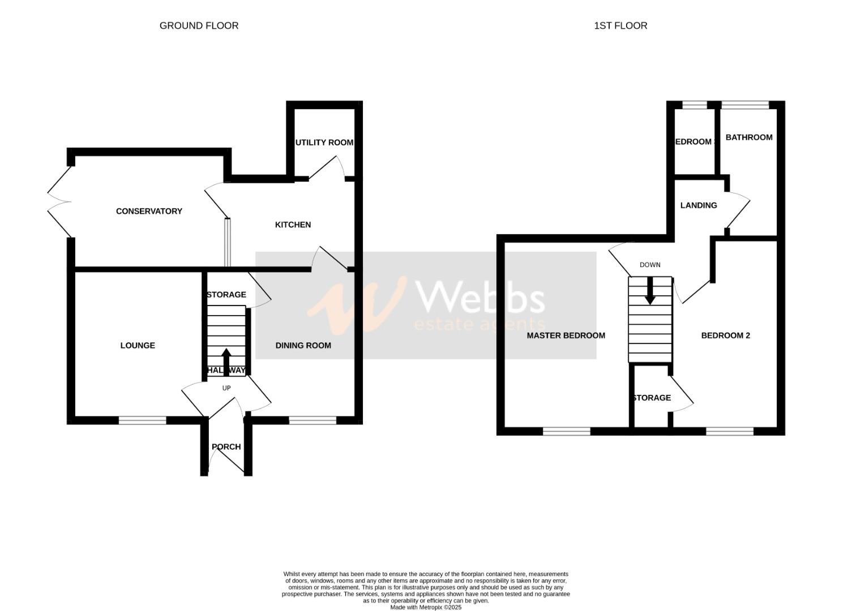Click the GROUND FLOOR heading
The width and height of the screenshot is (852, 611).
coord(199,25)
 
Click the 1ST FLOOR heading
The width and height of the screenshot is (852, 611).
coord(620,25)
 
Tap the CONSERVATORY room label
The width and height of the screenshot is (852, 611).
coord(149,211)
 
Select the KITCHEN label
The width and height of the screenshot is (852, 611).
coord(293,225)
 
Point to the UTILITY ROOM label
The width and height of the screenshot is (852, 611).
coord(324,142)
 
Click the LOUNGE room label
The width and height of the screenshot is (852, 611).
coord(138,345)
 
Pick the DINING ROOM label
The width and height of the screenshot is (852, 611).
coord(303,345)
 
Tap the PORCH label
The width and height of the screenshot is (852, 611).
coord(226,446)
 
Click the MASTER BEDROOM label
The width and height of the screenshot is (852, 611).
coord(566,335)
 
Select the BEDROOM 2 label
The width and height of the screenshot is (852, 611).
coord(725,335)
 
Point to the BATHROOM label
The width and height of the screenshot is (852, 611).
coord(748,137)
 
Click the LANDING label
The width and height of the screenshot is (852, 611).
coord(698,205)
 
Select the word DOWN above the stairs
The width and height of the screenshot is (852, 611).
coord(649,265)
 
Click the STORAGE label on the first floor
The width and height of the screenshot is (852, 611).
coord(652,398)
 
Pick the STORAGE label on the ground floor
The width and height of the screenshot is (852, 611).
coord(226,295)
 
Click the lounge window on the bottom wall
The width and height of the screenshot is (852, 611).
coord(142,420)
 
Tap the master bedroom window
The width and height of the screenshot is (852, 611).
coord(566,432)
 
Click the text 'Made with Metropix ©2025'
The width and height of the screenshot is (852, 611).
coord(426,607)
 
